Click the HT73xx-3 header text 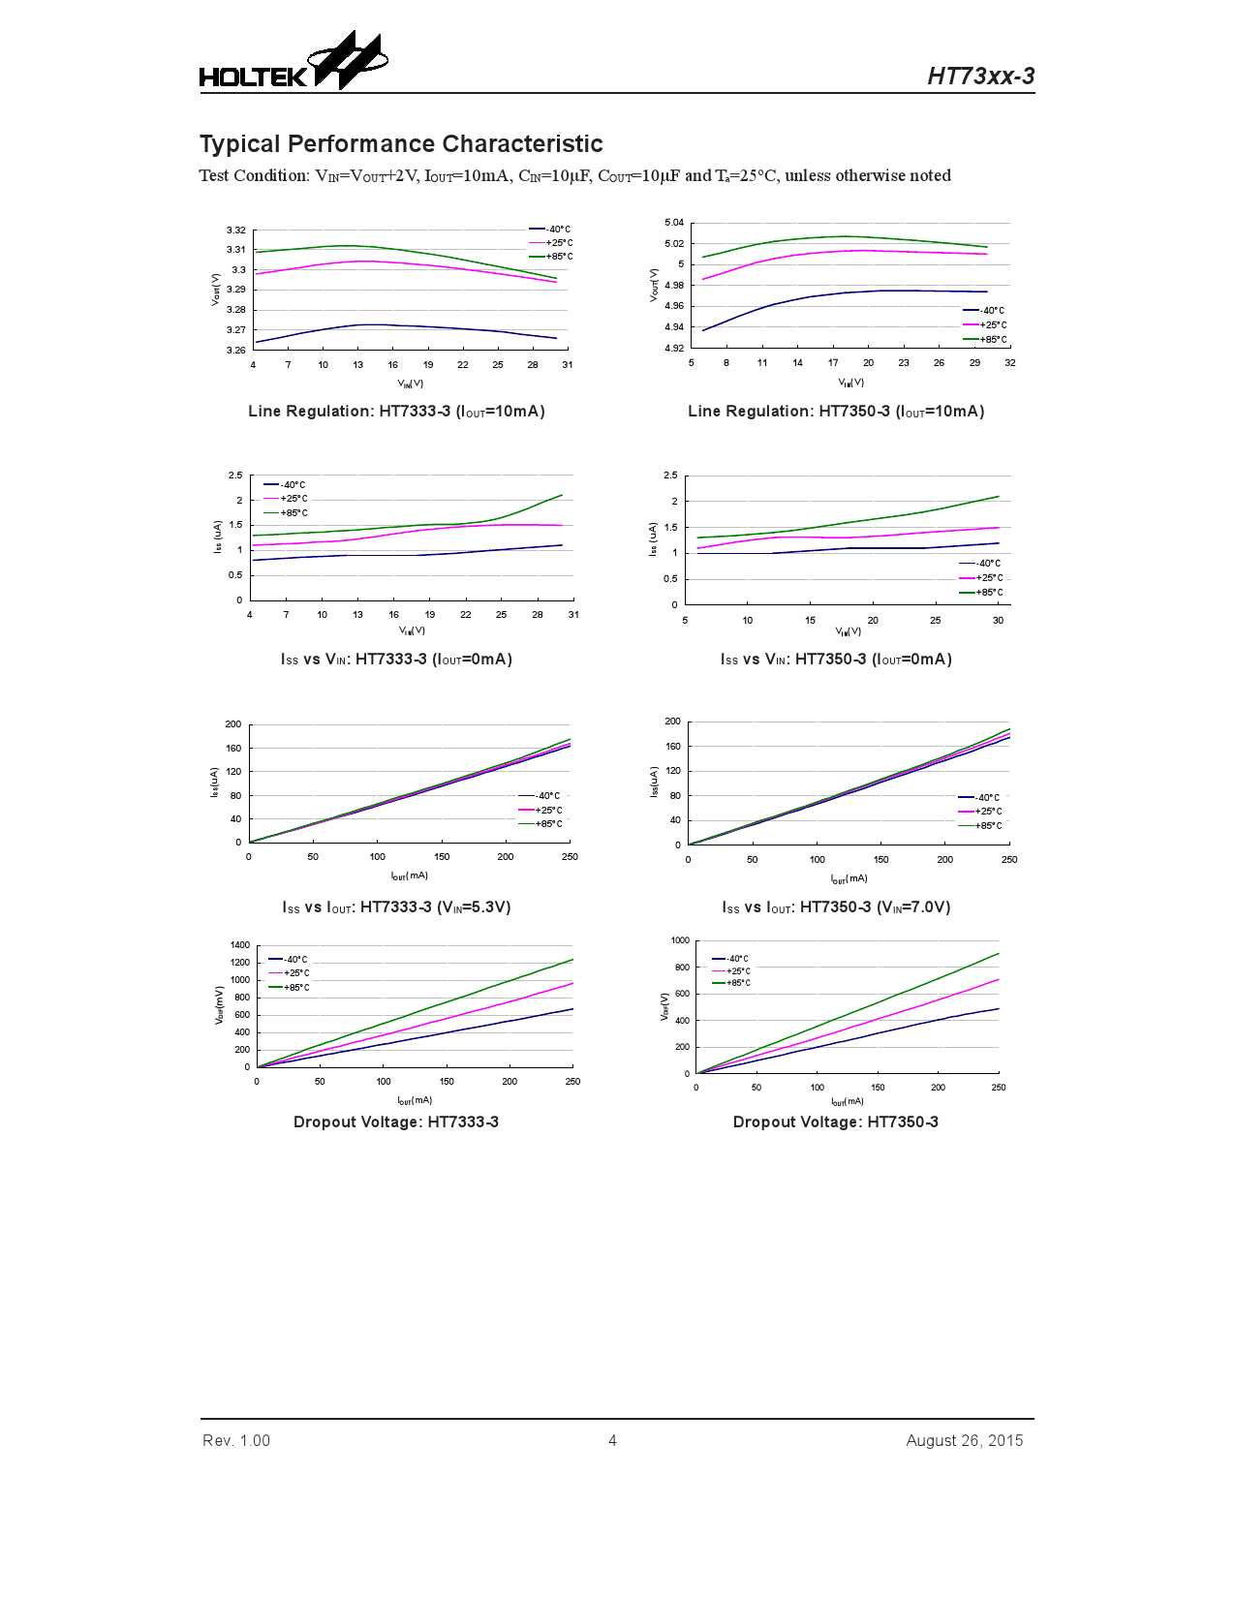pyautogui.click(x=980, y=77)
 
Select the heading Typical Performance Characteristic pyautogui.click(x=401, y=144)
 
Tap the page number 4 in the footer pyautogui.click(x=612, y=1440)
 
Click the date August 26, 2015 pyautogui.click(x=964, y=1440)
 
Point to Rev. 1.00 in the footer pyautogui.click(x=236, y=1440)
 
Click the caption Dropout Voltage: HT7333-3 pyautogui.click(x=396, y=1122)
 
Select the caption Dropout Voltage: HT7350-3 pyautogui.click(x=835, y=1122)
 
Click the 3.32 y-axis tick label pyautogui.click(x=235, y=230)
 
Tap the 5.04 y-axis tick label pyautogui.click(x=674, y=223)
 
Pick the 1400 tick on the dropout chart pyautogui.click(x=239, y=945)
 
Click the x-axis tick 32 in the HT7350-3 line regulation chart pyautogui.click(x=1010, y=362)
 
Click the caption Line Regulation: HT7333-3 pyautogui.click(x=396, y=412)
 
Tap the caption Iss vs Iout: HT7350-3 pyautogui.click(x=835, y=907)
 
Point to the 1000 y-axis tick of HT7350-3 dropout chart pyautogui.click(x=680, y=940)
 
